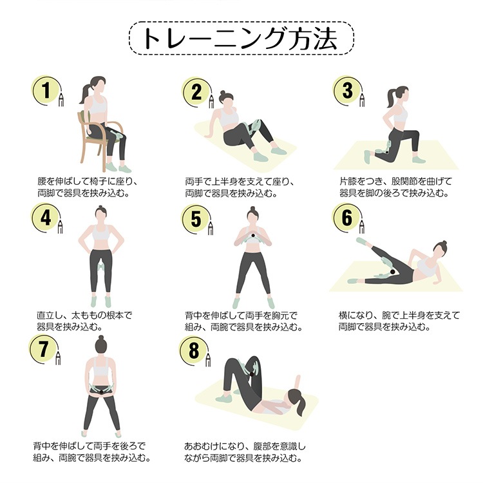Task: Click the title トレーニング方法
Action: [240, 39]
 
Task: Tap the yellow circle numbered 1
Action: [46, 90]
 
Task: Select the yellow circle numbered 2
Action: [196, 92]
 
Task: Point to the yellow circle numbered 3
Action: [347, 91]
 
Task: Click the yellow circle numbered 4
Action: [45, 218]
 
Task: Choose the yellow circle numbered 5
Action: [196, 219]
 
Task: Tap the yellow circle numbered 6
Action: [346, 218]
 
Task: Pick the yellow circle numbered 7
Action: [43, 348]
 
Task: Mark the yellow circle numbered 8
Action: [194, 350]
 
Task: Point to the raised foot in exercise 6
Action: [362, 241]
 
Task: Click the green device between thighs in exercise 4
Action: [100, 264]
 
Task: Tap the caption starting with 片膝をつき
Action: [395, 187]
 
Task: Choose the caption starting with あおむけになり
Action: [245, 452]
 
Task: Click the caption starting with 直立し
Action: [85, 321]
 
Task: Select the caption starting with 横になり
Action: [399, 321]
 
